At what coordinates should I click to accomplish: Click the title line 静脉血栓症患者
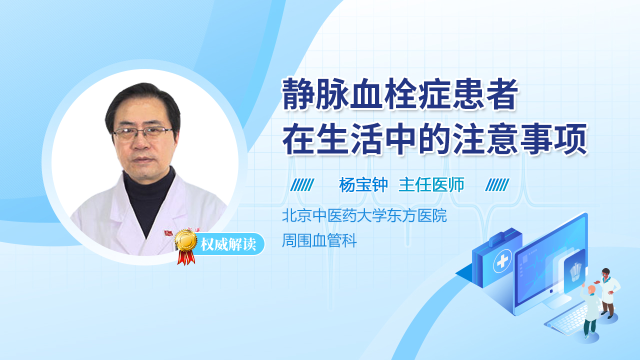[x=399, y=95]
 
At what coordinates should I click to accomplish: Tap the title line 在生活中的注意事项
[x=434, y=140]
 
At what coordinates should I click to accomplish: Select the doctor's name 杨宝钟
[x=363, y=185]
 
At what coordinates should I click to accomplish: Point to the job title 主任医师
[x=431, y=185]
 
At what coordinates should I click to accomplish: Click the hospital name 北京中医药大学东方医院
[x=364, y=216]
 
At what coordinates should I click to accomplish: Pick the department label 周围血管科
[x=319, y=241]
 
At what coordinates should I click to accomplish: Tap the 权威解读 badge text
[x=228, y=245]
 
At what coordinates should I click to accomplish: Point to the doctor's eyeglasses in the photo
[x=142, y=133]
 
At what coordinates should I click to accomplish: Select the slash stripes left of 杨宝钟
[x=302, y=185]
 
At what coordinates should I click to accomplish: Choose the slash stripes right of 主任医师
[x=497, y=185]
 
